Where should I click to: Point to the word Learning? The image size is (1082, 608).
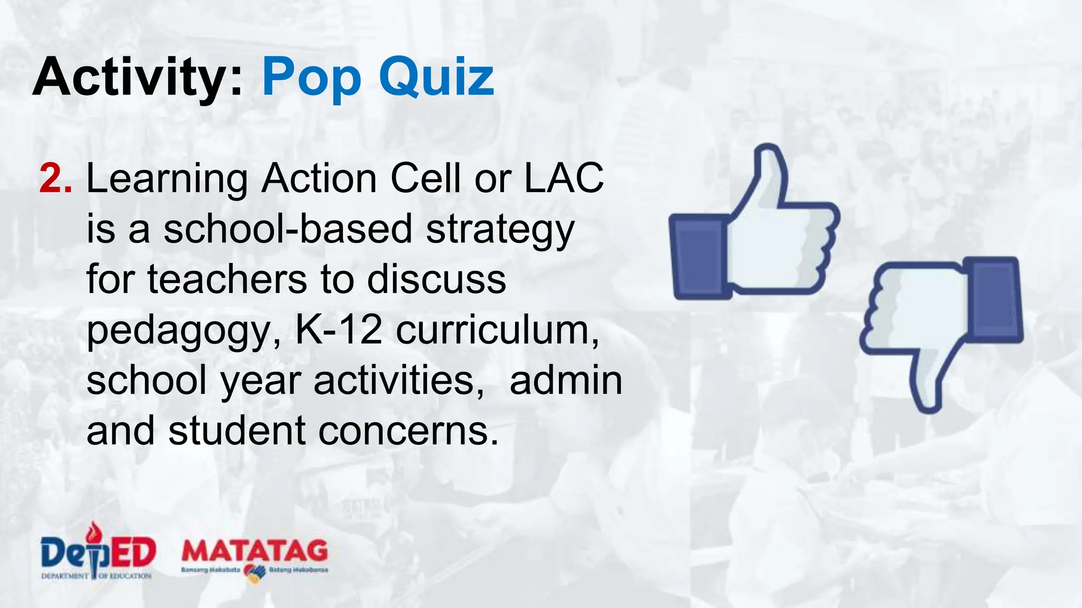[x=166, y=179]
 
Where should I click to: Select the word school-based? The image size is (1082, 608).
[x=287, y=229]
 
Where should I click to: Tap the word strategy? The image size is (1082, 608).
[x=500, y=230]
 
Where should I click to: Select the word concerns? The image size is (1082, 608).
[x=408, y=431]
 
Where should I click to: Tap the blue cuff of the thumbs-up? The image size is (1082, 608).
[x=698, y=256]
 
